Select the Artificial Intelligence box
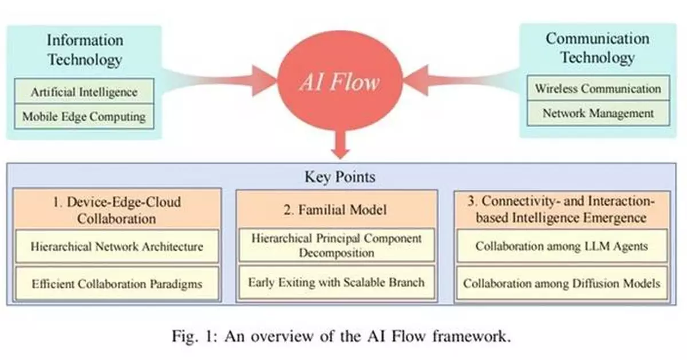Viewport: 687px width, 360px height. point(84,92)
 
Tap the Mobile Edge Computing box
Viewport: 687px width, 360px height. point(84,117)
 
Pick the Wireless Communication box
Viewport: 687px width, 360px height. point(598,89)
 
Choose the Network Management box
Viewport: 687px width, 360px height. point(598,113)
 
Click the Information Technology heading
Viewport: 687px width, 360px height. point(84,50)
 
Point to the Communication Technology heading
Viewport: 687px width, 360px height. point(597,48)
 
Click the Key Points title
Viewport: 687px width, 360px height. point(340,177)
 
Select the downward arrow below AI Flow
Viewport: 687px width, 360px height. point(341,146)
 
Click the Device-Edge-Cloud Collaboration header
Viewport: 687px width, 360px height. point(117,210)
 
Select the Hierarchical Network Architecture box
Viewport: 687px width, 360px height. point(117,247)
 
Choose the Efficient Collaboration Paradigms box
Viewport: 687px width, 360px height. point(117,283)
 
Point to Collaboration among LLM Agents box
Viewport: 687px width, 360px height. point(562,247)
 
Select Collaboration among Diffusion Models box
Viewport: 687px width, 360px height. point(562,283)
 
